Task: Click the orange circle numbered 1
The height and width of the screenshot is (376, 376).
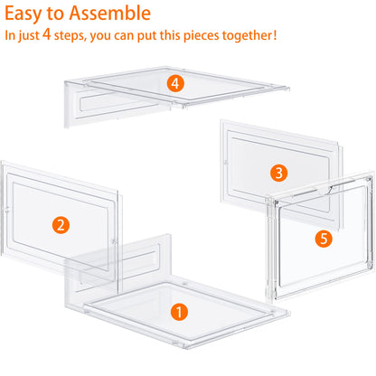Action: [x=179, y=312]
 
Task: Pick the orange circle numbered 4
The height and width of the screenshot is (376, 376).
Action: [x=175, y=83]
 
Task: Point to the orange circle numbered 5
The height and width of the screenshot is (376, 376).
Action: [x=324, y=240]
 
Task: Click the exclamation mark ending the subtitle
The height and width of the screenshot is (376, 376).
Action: [x=275, y=38]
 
